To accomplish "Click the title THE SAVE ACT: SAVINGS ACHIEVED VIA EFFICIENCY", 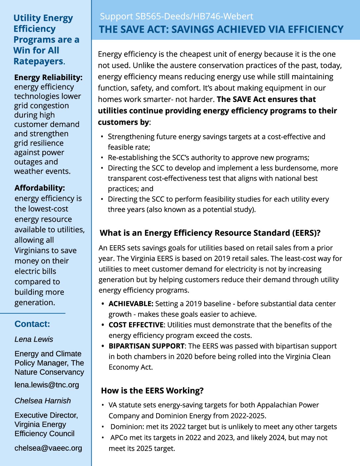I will (x=221, y=29).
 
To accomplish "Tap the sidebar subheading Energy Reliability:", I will (x=48, y=77).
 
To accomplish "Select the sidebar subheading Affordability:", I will (x=40, y=188).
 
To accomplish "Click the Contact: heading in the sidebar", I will (x=32, y=324).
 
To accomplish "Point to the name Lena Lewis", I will (x=34, y=339).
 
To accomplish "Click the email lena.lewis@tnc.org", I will (x=47, y=385).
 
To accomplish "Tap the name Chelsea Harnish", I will (x=43, y=401).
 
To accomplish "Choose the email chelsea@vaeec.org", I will (x=48, y=448).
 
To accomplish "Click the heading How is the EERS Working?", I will (x=152, y=391).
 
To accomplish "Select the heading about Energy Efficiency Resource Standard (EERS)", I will (x=210, y=233).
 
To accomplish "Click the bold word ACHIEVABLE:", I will (x=131, y=304).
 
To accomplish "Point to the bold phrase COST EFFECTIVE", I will (x=136, y=325).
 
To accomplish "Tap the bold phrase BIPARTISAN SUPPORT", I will (x=147, y=346).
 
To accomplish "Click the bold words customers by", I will (x=123, y=122).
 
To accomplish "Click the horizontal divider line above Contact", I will (x=33, y=313).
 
